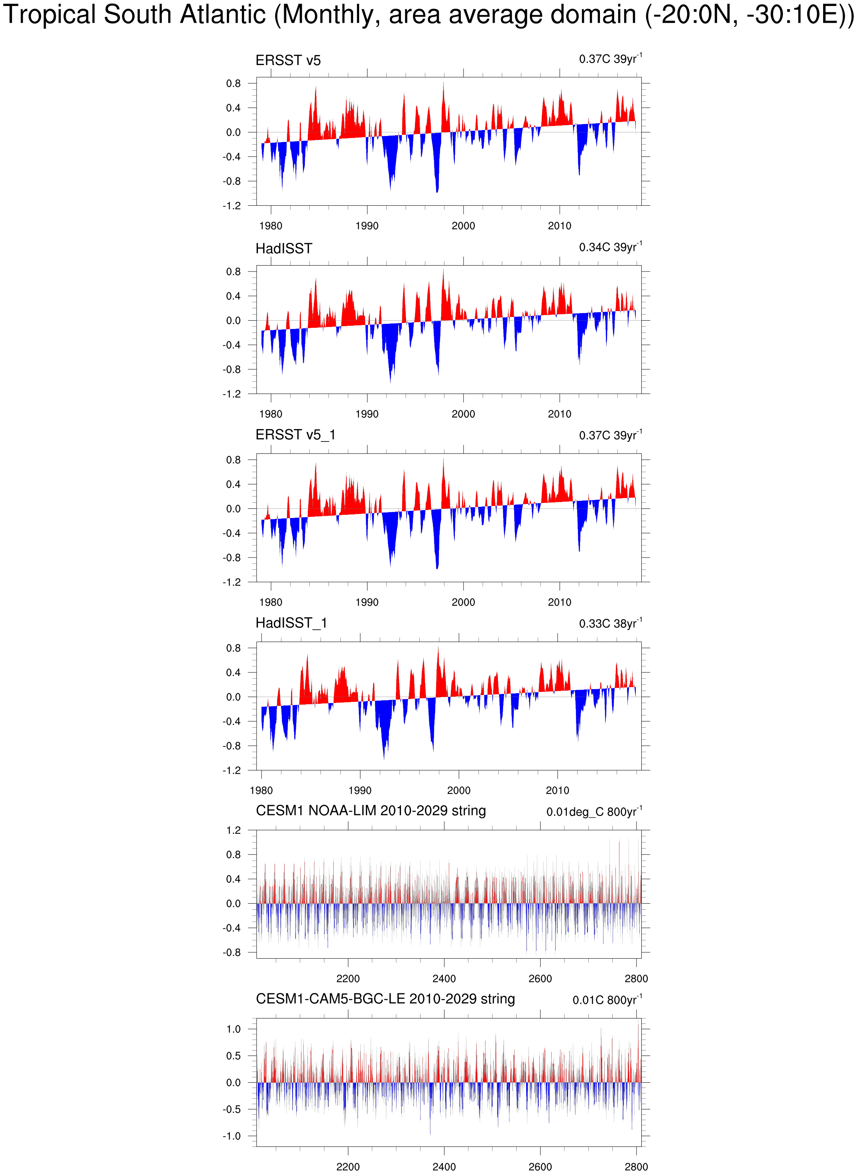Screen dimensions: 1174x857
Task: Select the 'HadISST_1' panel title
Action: pos(291,623)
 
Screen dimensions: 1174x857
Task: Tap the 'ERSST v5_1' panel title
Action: pos(295,435)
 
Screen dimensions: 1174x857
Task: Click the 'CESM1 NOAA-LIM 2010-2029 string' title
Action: pos(370,811)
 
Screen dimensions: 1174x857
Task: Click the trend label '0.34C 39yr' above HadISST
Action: pos(610,247)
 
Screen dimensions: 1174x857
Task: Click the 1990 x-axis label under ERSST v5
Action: pos(367,226)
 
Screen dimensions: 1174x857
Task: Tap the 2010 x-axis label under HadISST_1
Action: pos(557,790)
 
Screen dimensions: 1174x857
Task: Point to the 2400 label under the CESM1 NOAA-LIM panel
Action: pos(444,979)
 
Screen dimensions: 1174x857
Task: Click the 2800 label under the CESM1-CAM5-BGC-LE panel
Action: pos(636,1167)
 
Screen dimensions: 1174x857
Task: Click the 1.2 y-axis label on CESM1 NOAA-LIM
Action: pos(234,830)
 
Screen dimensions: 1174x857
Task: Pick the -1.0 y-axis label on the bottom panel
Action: pos(232,1136)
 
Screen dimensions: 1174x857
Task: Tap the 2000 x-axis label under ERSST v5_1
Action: pos(463,602)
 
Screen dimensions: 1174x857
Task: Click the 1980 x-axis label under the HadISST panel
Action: pos(271,414)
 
